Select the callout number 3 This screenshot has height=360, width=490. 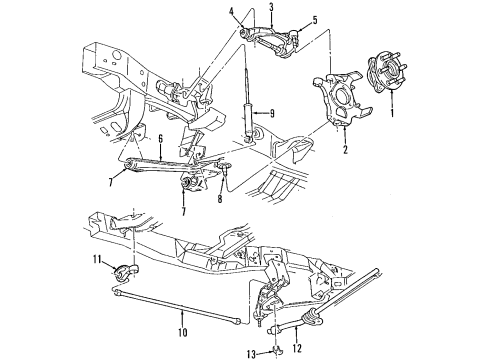click(272, 7)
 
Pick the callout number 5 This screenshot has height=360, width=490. click(314, 19)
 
